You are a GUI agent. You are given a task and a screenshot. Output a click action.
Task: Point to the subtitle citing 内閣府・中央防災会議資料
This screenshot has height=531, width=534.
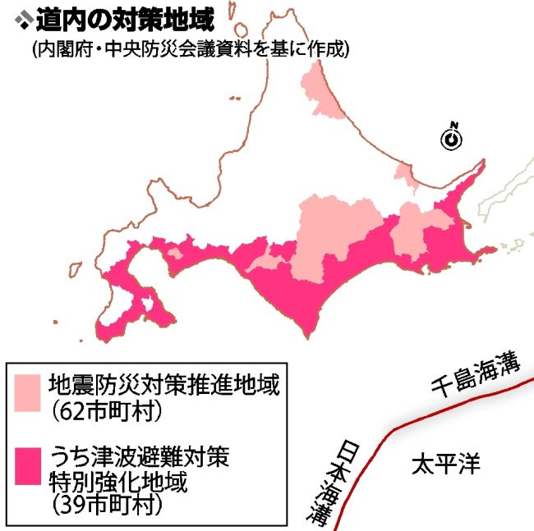tap(191, 49)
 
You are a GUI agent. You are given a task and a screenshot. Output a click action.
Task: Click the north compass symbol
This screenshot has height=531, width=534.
tap(451, 138)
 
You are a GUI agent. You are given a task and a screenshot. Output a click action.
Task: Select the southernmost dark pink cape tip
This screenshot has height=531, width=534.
tap(308, 333)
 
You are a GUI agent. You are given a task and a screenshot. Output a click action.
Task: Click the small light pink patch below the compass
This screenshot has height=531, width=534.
tap(404, 175)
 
